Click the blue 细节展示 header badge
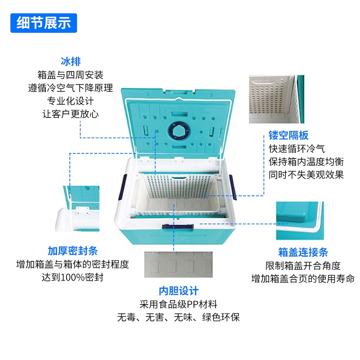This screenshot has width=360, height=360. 44,23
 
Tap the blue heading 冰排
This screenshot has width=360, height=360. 71,62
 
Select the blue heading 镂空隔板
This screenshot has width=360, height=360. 288,135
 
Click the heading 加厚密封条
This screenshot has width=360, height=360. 73,251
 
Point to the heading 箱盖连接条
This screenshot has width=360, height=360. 303,252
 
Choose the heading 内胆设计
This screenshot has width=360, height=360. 179,291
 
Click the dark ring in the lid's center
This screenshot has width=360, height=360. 179,132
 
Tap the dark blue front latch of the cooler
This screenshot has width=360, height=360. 178,227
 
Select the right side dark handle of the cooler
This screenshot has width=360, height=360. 233,187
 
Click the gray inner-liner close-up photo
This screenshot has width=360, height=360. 178,265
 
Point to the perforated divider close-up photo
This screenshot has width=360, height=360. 277,99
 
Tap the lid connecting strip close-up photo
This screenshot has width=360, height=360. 300,220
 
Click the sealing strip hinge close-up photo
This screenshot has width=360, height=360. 77,208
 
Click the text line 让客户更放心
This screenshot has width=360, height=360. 71,114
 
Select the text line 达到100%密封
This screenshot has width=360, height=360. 72,277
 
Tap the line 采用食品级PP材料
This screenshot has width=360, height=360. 178,305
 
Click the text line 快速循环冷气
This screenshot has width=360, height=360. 297,148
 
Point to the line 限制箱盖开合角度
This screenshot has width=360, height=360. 303,265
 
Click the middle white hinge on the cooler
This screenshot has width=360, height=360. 179,159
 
